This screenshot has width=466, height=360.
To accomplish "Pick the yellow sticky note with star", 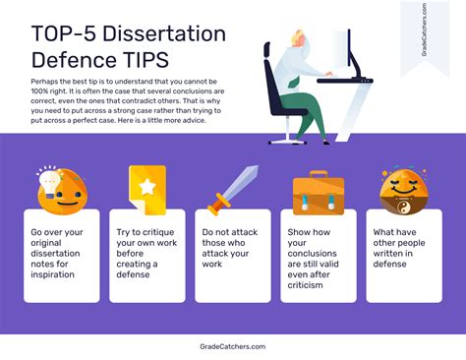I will (x=146, y=187).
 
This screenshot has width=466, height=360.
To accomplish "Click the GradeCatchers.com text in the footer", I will (x=232, y=346).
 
